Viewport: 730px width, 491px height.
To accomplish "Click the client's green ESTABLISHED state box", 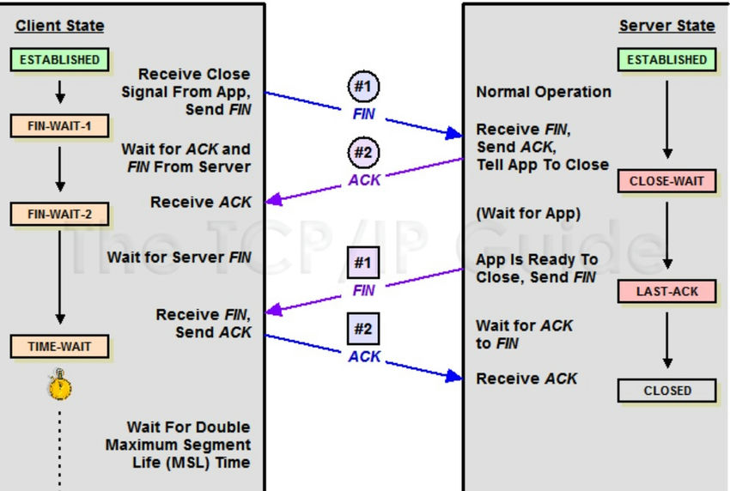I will [x=60, y=60].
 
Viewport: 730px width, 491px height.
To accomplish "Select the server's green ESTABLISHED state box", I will [x=666, y=60].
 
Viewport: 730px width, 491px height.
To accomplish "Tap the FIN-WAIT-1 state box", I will [x=60, y=127].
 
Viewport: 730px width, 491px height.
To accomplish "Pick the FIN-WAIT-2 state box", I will [x=60, y=213].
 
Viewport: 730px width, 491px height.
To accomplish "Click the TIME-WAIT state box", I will [x=60, y=347].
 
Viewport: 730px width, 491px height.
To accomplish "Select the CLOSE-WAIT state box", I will [x=666, y=181].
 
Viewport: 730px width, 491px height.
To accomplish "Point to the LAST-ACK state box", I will [x=666, y=292].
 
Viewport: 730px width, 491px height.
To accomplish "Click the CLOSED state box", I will [x=666, y=391].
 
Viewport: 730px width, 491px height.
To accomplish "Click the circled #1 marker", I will [x=363, y=87].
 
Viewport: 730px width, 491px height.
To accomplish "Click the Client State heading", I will [x=59, y=26].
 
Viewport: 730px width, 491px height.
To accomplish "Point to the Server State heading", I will [x=666, y=26].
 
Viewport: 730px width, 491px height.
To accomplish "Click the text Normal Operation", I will [x=544, y=92].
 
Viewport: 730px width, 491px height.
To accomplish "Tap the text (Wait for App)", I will [x=528, y=213].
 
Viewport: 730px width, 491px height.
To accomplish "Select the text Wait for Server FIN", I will [x=179, y=257].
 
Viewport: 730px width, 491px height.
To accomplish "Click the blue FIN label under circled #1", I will [x=363, y=113].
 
